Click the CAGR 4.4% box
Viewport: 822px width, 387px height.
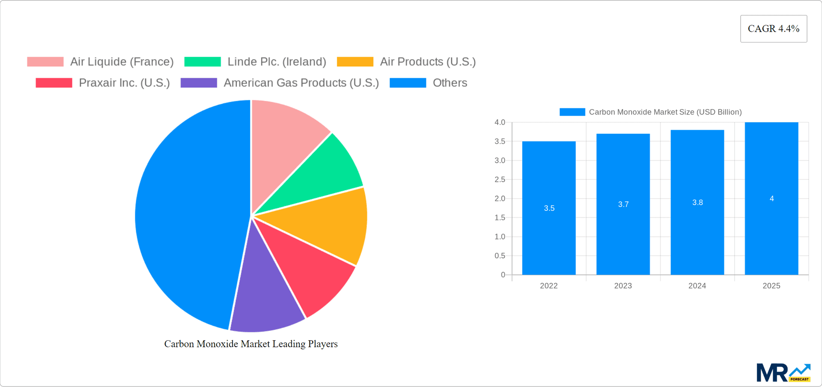(773, 29)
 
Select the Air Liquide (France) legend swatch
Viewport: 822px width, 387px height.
(45, 62)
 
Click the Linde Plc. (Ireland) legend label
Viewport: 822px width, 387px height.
(277, 62)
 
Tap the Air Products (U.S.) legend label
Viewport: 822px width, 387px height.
(428, 62)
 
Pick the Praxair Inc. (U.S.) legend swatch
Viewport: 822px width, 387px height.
(54, 83)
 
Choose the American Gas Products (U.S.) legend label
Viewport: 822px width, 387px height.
(301, 83)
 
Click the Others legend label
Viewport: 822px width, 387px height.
(450, 83)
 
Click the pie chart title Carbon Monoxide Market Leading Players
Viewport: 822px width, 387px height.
(251, 344)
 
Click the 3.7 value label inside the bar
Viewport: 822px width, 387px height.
(623, 204)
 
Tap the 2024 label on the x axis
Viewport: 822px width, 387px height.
(697, 286)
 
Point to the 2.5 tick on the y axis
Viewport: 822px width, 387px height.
(500, 180)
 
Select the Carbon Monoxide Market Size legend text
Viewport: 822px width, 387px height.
(665, 112)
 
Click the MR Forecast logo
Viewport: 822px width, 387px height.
(783, 372)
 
